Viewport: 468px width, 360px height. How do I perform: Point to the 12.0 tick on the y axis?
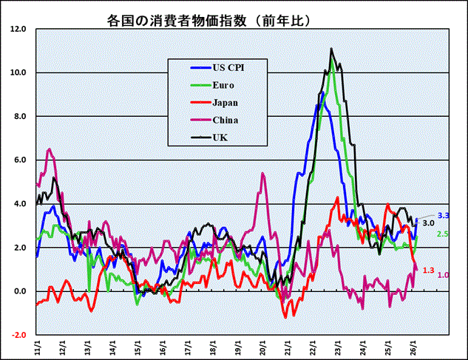(x=18, y=30)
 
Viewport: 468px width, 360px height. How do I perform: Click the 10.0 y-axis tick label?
(x=18, y=73)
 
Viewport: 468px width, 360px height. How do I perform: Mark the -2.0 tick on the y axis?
(x=18, y=335)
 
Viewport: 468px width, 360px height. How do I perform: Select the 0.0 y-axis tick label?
(x=19, y=291)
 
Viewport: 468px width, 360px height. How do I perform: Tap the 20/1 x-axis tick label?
(x=263, y=346)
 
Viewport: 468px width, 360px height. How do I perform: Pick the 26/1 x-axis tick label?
(x=414, y=346)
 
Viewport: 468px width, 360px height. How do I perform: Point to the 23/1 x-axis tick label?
(x=339, y=346)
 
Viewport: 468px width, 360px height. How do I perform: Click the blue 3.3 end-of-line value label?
(x=444, y=215)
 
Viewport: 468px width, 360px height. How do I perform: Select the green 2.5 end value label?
(x=444, y=234)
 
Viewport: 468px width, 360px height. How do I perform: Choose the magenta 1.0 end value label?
(x=444, y=275)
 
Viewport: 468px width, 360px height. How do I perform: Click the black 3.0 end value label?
(x=428, y=223)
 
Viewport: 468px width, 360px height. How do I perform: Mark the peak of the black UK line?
(x=331, y=50)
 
